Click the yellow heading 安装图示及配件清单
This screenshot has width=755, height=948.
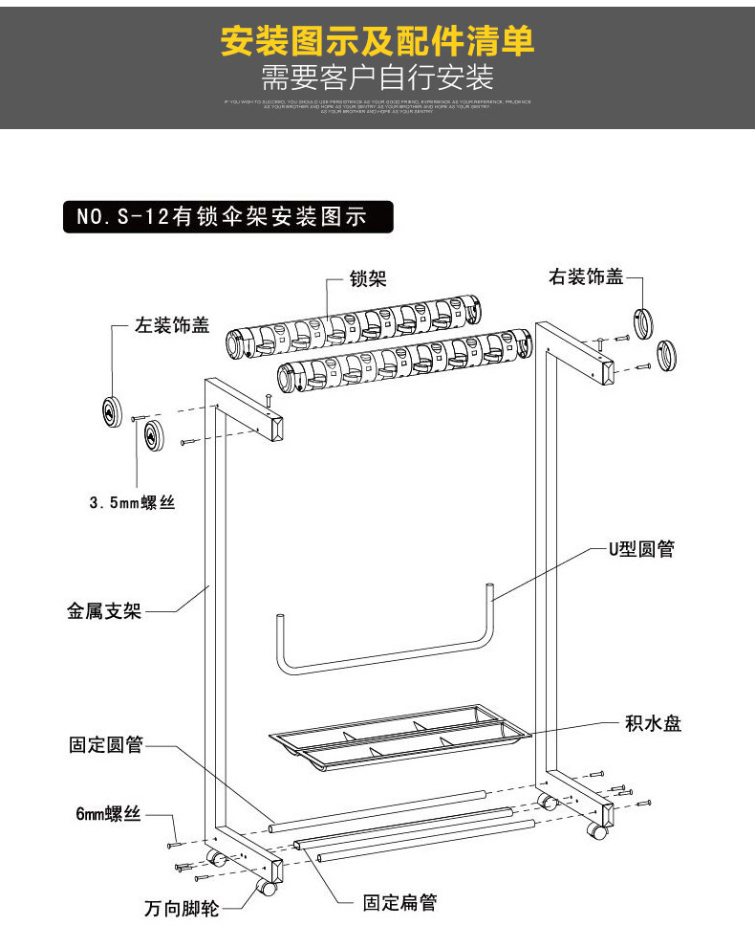[x=377, y=41]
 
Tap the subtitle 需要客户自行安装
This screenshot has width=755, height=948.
[x=377, y=77]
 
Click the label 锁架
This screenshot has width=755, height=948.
[x=368, y=279]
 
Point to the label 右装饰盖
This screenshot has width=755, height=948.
[x=586, y=277]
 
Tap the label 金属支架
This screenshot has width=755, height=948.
[x=105, y=610]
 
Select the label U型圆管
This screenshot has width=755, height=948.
[x=641, y=549]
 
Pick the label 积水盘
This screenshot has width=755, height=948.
[x=654, y=724]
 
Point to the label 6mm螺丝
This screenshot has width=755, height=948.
[x=108, y=814]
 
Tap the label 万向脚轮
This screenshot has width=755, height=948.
[x=182, y=907]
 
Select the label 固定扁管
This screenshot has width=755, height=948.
[x=399, y=901]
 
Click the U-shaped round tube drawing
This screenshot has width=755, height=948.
[x=382, y=660]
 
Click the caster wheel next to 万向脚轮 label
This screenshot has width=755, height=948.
[x=265, y=888]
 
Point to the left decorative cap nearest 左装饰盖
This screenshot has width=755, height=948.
[x=113, y=410]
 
